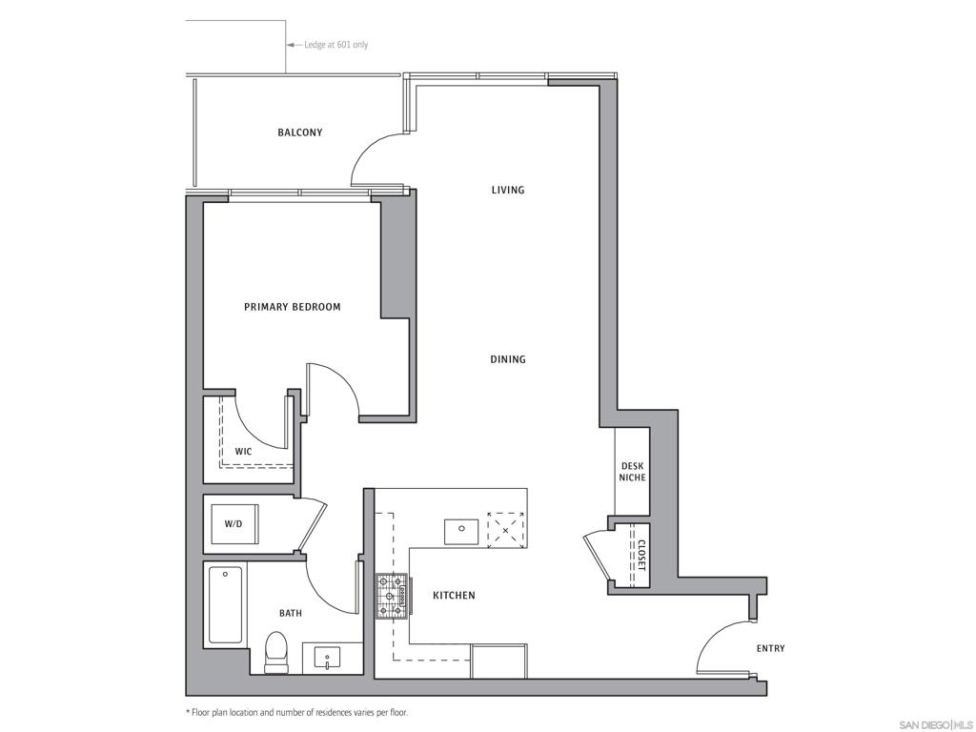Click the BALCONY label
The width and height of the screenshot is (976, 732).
point(300,132)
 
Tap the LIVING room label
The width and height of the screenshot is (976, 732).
point(508,190)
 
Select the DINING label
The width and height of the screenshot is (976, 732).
point(508,359)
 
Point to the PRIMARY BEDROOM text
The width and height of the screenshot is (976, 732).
point(292,307)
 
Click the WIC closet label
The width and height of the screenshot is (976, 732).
point(243,451)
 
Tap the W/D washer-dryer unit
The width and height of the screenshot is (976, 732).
point(234,523)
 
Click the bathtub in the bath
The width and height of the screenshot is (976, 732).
point(225,604)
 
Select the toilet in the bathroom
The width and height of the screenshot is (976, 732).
point(275,652)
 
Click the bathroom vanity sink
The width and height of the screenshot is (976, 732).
point(328,658)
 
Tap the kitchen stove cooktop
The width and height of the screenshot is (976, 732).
point(391,597)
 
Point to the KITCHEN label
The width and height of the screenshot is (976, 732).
point(454,596)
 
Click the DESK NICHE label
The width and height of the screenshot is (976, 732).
point(633,472)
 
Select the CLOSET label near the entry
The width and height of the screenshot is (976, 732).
point(641,556)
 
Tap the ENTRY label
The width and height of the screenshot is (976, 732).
point(770,648)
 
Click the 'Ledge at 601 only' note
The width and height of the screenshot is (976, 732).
point(336,45)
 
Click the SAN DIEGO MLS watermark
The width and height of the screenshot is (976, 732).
point(936,724)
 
